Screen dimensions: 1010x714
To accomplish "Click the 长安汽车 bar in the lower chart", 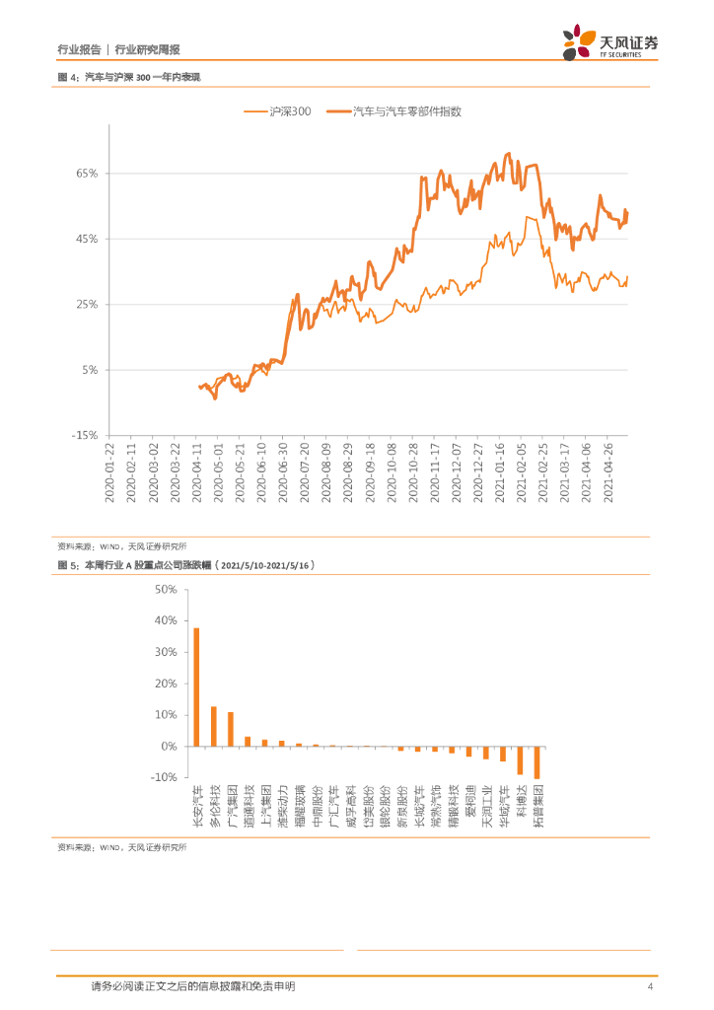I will click(196, 686).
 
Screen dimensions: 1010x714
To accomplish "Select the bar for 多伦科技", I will click(213, 726).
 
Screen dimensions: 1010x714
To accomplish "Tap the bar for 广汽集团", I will click(231, 729).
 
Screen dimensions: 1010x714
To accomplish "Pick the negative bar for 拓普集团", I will click(537, 762).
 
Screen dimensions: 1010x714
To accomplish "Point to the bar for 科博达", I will click(520, 760).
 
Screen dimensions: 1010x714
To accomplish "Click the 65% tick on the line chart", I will click(86, 174).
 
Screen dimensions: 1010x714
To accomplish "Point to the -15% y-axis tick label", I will click(84, 435).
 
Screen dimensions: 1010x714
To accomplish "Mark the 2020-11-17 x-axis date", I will click(435, 471).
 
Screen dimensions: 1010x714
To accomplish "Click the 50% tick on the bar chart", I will click(165, 589).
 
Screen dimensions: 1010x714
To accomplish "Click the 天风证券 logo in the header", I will click(610, 41).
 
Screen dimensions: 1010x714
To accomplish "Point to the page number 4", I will click(650, 986).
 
